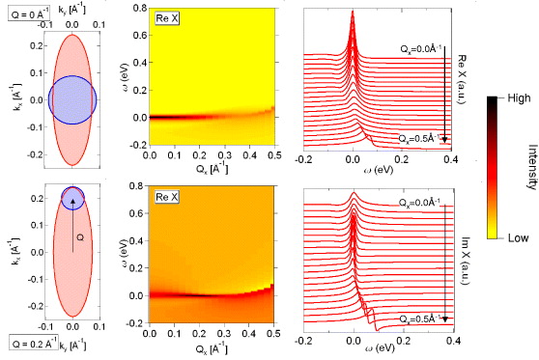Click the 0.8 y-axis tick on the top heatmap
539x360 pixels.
click(x=137, y=9)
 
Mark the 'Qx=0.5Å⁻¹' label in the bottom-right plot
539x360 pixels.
click(x=421, y=317)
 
